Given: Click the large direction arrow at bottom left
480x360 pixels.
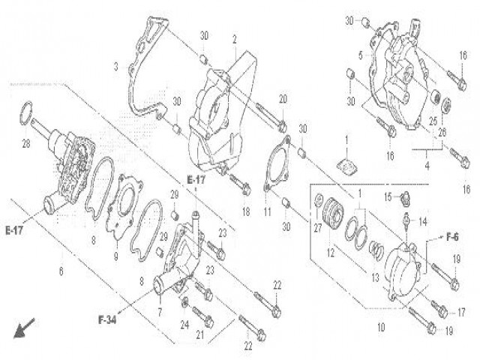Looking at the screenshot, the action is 24,328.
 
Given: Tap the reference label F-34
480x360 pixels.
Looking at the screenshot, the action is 107,320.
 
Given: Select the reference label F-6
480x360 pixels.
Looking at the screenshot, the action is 452,237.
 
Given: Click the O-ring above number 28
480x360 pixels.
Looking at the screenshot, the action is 26,113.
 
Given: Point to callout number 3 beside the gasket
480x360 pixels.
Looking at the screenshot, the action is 115,67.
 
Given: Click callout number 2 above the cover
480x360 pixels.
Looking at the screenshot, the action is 235,40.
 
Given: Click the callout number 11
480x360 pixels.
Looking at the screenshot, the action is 268,211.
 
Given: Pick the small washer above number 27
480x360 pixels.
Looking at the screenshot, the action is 318,199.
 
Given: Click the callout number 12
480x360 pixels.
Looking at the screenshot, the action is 331,253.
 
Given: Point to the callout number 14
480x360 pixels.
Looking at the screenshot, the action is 423,222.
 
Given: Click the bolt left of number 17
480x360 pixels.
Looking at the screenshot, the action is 439,308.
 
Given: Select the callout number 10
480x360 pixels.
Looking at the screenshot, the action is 381,328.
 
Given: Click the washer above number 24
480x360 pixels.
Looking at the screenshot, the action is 184,303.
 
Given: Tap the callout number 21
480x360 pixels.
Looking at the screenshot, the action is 200,335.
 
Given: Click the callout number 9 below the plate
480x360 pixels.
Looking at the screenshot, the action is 115,256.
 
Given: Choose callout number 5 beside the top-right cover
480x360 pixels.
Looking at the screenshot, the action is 361,55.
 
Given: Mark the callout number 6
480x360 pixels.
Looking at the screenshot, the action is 61,271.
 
